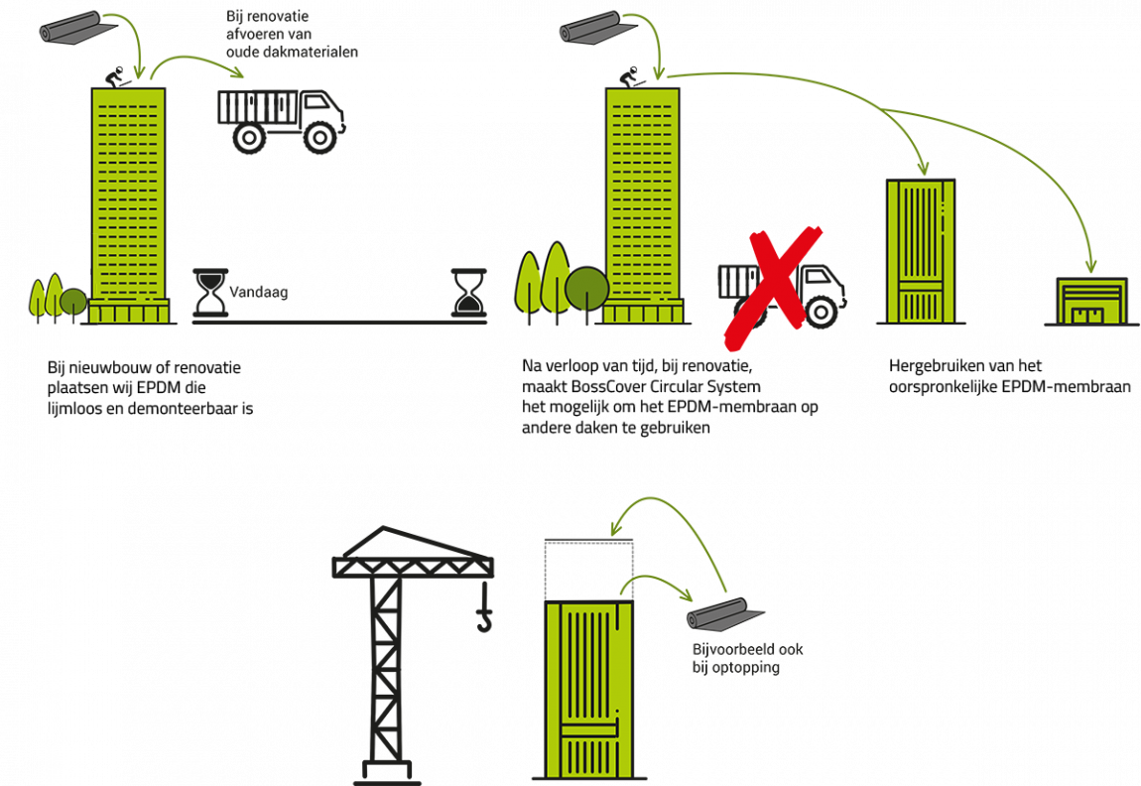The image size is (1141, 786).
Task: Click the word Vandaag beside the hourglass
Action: click(x=258, y=292)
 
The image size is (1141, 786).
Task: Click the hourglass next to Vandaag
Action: click(x=210, y=293)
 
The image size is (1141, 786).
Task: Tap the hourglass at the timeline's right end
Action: click(x=468, y=293)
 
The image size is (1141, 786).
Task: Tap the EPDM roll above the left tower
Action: click(x=77, y=28)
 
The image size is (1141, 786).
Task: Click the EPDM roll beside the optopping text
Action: click(x=724, y=615)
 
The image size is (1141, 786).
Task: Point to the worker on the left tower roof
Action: click(x=114, y=77)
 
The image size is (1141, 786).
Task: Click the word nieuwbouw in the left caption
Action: click(x=116, y=367)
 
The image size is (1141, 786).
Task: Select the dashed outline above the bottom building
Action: click(x=588, y=571)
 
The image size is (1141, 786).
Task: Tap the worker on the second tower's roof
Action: click(x=629, y=77)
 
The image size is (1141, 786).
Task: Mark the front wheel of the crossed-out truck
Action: click(x=821, y=312)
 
